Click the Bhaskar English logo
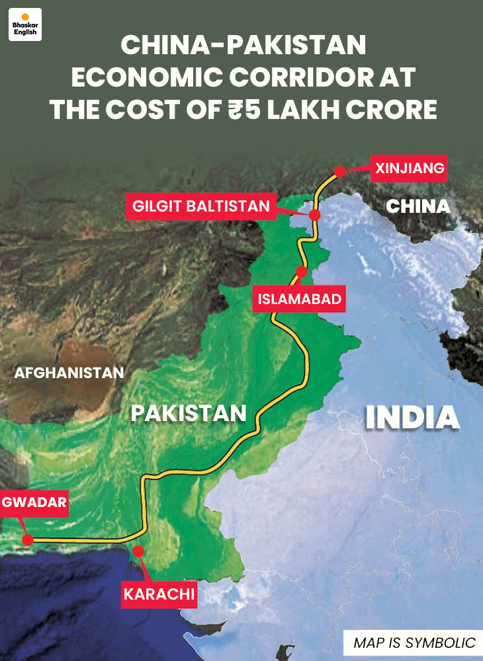[25, 24]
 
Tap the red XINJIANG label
[409, 168]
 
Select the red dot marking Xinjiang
[340, 171]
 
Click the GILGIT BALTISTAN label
[201, 206]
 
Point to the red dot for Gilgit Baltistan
[315, 215]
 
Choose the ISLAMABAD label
[299, 299]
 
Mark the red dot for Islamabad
[301, 271]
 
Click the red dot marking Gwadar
[27, 539]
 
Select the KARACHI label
[159, 594]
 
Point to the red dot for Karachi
[138, 551]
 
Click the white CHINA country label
[418, 206]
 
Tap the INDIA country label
[413, 417]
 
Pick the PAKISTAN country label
[189, 413]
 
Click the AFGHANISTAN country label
[69, 372]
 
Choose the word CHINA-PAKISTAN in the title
[243, 45]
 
